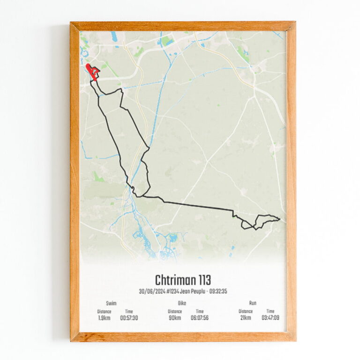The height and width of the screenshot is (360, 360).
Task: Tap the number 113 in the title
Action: point(203,280)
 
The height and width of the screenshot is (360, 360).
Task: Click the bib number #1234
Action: point(173,291)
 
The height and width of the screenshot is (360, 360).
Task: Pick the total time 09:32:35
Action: point(217,291)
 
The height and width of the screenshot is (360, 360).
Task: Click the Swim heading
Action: point(112,303)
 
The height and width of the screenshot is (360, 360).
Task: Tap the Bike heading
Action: point(182,303)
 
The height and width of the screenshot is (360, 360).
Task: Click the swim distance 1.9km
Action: point(104,317)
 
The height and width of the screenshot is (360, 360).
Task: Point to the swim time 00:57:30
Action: point(129,317)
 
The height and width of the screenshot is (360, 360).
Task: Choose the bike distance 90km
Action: point(175,317)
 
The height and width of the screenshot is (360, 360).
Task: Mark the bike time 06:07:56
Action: point(200,317)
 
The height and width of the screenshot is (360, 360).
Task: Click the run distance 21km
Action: point(245,317)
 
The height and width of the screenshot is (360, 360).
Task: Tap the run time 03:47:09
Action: point(270,317)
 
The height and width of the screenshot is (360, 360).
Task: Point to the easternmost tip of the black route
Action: point(279,218)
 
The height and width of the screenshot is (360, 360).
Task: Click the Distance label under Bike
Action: point(175,311)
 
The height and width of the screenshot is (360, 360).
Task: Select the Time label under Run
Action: point(270,311)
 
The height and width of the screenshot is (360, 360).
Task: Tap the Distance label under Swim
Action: point(104,311)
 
